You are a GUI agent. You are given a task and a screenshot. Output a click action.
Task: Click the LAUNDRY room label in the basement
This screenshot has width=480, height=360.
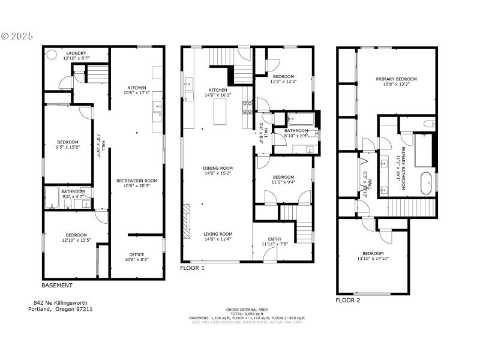pyautogui.click(x=76, y=53)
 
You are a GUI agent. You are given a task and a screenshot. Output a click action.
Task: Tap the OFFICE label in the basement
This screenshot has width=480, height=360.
pyautogui.click(x=137, y=254)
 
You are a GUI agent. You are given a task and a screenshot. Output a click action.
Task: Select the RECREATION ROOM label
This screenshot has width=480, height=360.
pyautogui.click(x=137, y=180)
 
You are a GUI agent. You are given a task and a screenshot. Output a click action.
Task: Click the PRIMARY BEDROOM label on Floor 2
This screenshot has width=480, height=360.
pyautogui.click(x=396, y=79)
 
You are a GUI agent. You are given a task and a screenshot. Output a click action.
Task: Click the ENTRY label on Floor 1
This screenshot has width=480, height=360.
pyautogui.click(x=275, y=238)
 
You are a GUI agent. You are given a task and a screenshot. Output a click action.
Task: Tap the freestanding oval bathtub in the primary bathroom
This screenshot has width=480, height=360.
pyautogui.click(x=427, y=183)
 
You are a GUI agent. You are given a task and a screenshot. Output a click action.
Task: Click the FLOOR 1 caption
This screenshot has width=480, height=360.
pyautogui.click(x=192, y=268)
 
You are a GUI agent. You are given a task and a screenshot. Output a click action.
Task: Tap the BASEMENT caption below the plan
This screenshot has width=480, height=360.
pyautogui.click(x=57, y=286)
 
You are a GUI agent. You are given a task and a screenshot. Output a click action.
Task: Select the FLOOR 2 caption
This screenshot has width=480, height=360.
pyautogui.click(x=347, y=299)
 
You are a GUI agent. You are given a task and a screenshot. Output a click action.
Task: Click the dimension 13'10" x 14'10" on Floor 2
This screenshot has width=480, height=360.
pyautogui.click(x=373, y=258)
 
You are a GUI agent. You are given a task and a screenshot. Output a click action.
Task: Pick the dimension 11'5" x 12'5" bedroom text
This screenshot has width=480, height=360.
pyautogui.click(x=283, y=82)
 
